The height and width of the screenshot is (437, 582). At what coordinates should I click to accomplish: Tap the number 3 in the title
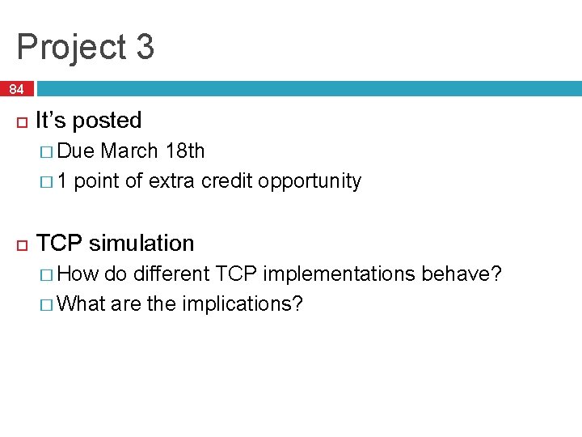(x=145, y=47)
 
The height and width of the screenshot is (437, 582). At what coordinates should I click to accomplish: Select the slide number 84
(x=17, y=89)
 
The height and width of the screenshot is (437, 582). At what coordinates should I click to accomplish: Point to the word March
(x=129, y=151)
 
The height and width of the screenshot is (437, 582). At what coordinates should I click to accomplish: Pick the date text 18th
(x=184, y=151)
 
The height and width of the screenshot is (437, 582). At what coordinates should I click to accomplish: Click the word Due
(x=77, y=151)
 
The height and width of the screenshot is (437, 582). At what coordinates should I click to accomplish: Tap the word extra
(x=173, y=180)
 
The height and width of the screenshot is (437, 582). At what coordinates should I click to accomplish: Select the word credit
(x=227, y=180)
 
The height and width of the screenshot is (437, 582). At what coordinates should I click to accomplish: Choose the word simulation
(x=142, y=243)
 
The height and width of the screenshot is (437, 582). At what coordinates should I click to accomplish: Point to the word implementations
(x=339, y=274)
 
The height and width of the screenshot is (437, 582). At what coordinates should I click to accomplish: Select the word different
(x=171, y=274)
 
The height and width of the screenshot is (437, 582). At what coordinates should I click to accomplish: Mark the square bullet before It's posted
(x=20, y=121)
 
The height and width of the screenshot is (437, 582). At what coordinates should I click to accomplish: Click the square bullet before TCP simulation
(x=20, y=244)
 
